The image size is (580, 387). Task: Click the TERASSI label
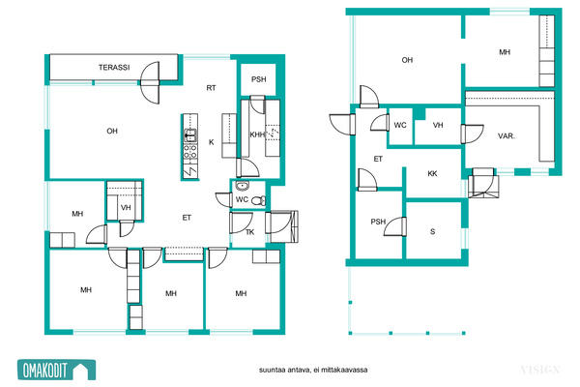point(114,68)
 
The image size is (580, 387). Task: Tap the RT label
point(211,88)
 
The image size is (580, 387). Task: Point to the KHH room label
point(257,134)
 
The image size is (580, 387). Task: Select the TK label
point(250,232)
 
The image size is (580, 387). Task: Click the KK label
point(432,173)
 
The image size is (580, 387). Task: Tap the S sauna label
point(432,232)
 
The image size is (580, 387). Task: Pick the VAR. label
point(507,135)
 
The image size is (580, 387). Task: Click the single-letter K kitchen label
point(211,142)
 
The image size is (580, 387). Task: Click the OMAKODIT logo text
point(45,370)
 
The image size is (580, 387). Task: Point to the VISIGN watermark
point(540,370)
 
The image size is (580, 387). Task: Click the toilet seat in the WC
point(258,200)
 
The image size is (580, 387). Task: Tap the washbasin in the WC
point(243,186)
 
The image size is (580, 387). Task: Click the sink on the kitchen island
point(190,134)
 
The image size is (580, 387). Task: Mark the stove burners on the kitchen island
point(190,153)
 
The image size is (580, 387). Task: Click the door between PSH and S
point(395,226)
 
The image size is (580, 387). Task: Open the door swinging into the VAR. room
point(473,134)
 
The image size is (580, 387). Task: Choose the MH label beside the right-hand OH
point(505,52)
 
